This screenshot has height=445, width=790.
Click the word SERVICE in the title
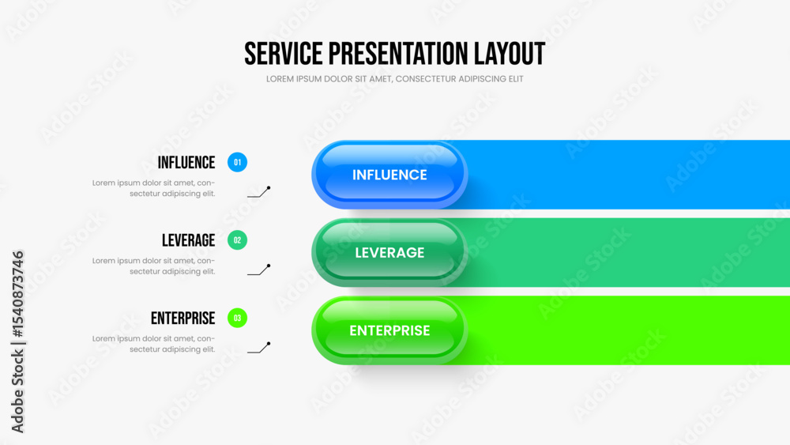click(283, 54)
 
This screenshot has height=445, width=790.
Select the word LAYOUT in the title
click(510, 54)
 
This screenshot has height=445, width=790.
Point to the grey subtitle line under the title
click(394, 79)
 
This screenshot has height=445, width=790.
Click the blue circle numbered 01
click(237, 162)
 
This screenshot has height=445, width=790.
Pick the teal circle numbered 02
click(237, 240)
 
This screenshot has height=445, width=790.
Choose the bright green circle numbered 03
click(237, 318)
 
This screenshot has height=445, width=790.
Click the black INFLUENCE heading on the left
click(186, 163)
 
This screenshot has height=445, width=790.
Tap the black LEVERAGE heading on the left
click(189, 240)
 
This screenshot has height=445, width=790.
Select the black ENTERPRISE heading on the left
click(183, 319)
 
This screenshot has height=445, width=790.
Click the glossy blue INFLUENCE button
click(389, 175)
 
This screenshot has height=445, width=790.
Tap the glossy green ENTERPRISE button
click(389, 330)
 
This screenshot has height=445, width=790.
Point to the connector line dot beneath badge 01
click(269, 188)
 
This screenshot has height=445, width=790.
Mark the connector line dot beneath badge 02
click(269, 266)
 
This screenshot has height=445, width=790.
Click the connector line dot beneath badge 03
click(269, 344)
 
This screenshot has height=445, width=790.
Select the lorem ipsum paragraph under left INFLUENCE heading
click(154, 188)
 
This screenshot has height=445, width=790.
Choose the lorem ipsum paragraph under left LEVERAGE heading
click(154, 266)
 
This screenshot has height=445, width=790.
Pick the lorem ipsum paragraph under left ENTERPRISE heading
click(154, 344)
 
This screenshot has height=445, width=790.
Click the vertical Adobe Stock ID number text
click(17, 294)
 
